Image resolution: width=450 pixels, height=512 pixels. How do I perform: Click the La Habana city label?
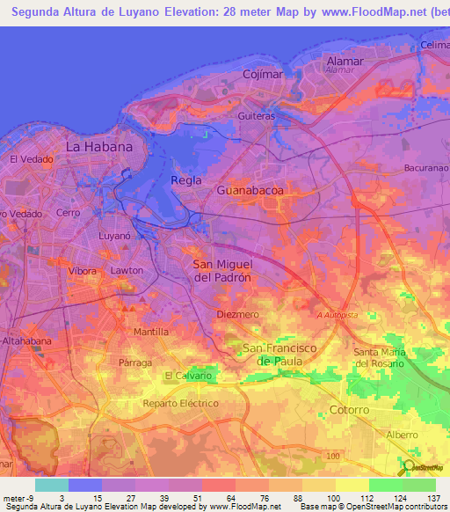click(99, 147)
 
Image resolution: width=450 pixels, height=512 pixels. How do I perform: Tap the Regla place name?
click(186, 180)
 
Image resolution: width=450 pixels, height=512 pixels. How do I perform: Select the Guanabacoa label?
click(250, 189)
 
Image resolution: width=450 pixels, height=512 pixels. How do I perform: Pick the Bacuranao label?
click(427, 167)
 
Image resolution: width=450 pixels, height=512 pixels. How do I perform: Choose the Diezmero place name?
click(237, 314)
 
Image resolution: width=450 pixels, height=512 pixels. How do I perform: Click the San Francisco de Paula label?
click(279, 355)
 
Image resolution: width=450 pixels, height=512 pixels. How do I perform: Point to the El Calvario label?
click(188, 376)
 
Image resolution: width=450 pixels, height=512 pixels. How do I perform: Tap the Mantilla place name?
click(151, 332)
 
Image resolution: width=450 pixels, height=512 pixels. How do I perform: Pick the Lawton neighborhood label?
click(127, 270)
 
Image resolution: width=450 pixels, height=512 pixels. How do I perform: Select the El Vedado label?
click(32, 159)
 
